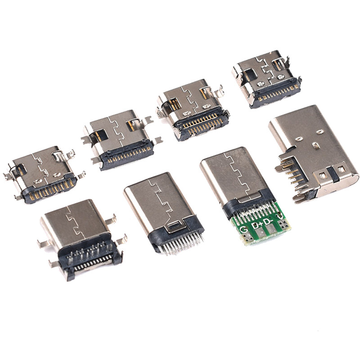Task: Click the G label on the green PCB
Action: tap(243, 229)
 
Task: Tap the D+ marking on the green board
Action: tap(256, 225)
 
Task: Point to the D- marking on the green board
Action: tap(268, 221)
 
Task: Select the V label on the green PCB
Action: tap(280, 216)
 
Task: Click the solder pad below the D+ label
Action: tap(261, 234)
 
